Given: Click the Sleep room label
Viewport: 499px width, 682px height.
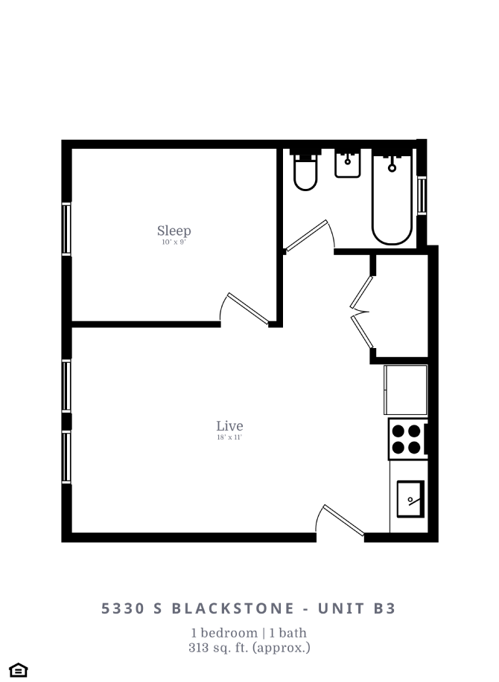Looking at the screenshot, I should pos(174,231).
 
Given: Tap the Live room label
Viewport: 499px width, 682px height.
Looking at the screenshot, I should pos(229,426).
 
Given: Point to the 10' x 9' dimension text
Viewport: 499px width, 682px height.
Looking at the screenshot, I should pos(174,242).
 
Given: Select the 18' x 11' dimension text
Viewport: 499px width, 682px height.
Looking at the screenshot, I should pos(229,438).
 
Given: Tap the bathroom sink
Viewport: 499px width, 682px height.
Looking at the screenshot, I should pos(348,164).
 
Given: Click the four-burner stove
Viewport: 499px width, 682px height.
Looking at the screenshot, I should pos(407,439).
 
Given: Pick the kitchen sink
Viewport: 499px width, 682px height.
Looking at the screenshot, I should pos(410,498).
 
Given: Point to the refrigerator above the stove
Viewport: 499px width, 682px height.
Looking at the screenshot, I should pos(406,389).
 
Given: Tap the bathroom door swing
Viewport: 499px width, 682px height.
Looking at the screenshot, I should pos(311,236).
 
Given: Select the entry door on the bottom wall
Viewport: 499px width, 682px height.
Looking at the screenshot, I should pos(340,521).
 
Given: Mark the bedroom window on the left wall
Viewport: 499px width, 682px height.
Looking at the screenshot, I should pos(66,229).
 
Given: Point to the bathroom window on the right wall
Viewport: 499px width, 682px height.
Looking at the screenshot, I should pos(422,195).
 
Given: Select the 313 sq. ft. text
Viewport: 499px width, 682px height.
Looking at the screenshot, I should pos(249,648).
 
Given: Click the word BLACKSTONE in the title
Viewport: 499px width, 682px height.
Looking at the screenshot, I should pos(233,608).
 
